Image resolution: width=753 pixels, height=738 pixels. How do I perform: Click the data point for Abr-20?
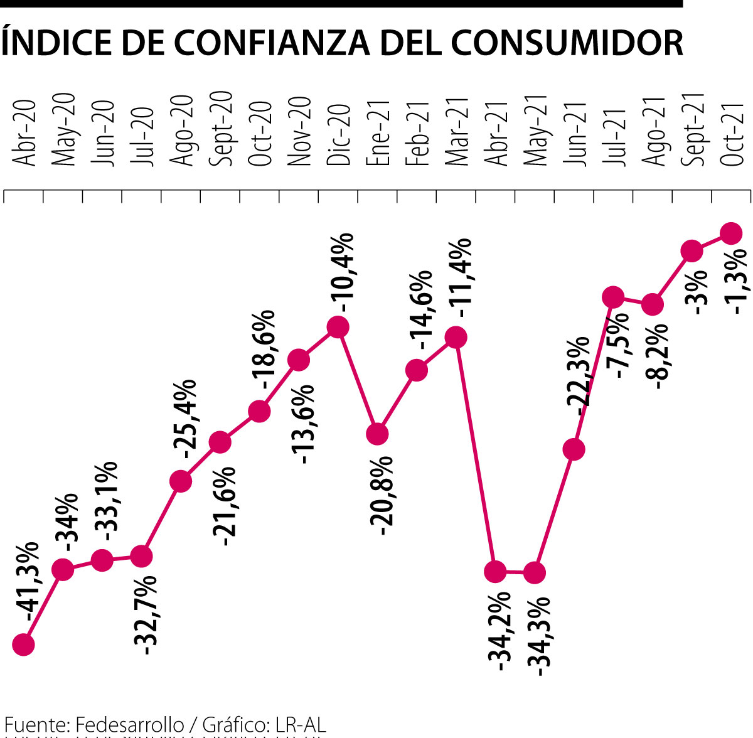[23, 644]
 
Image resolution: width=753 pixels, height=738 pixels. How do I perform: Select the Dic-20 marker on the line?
[338, 327]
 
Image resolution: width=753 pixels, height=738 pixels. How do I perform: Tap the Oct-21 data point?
[731, 233]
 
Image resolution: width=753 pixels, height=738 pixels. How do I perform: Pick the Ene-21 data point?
[377, 434]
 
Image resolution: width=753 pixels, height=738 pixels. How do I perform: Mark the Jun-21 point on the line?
[574, 449]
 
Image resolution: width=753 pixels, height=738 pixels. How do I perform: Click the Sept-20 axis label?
[221, 129]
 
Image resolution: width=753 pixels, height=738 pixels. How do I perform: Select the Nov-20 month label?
[299, 132]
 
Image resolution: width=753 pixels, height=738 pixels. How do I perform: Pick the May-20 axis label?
[63, 130]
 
